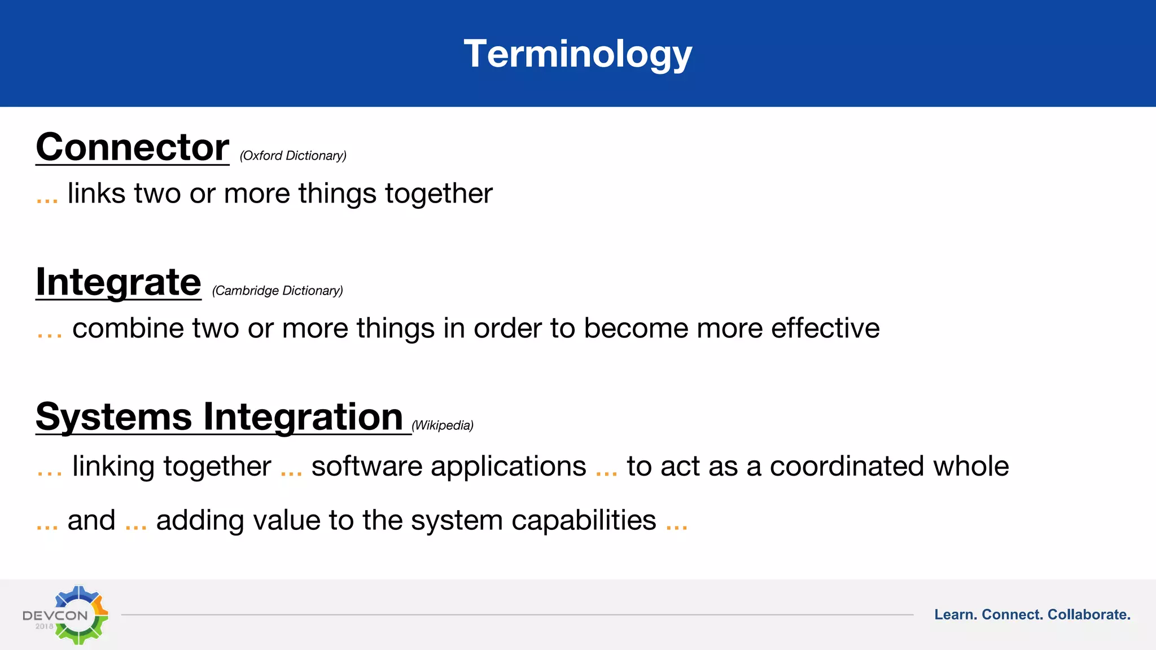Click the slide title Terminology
tap(577, 54)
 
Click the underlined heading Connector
tap(133, 147)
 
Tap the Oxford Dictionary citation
tap(293, 156)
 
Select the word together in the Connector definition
tap(439, 194)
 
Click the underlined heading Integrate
tap(119, 282)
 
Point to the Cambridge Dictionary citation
tap(277, 291)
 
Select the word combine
tap(128, 328)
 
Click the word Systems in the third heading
tap(113, 417)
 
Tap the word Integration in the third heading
tap(303, 417)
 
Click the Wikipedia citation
tap(443, 425)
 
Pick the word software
tap(366, 467)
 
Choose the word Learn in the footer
tap(955, 614)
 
